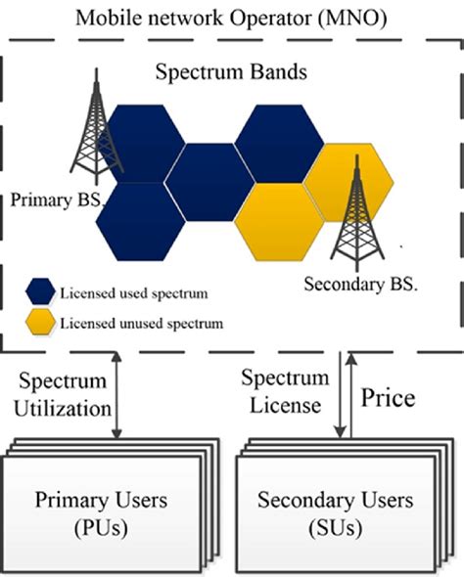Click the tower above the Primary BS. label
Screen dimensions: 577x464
(95, 122)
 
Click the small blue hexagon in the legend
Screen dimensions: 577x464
(41, 290)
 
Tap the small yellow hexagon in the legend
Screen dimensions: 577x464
(41, 322)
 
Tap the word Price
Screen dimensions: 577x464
(389, 398)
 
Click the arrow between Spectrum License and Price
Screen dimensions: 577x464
(339, 396)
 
